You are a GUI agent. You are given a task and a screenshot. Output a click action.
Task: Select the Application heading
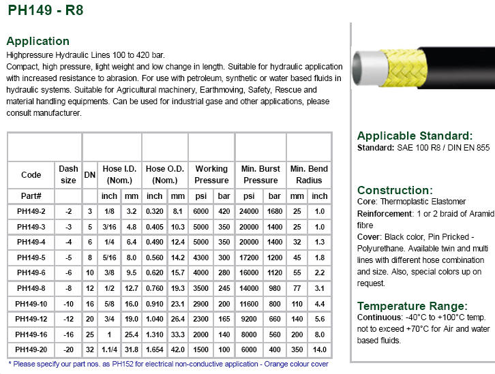pos(37,41)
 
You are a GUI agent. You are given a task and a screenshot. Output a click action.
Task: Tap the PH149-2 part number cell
pos(31,211)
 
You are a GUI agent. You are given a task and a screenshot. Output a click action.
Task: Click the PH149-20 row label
pos(31,349)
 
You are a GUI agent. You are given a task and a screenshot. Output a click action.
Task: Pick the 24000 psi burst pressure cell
pos(250,211)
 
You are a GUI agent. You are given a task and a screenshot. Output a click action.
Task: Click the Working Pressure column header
pos(211,174)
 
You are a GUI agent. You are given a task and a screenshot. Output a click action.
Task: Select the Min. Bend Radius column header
pos(309,174)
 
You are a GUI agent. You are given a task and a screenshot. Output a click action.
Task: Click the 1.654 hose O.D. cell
pos(155,349)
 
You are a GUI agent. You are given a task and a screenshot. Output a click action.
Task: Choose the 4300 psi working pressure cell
pos(200,258)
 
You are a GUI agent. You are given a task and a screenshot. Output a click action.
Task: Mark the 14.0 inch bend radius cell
pos(320,349)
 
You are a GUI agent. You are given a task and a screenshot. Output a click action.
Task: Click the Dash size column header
pos(69,174)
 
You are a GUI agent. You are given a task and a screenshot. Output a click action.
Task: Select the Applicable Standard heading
pos(415,136)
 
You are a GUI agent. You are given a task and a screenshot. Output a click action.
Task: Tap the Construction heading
pos(395,190)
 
